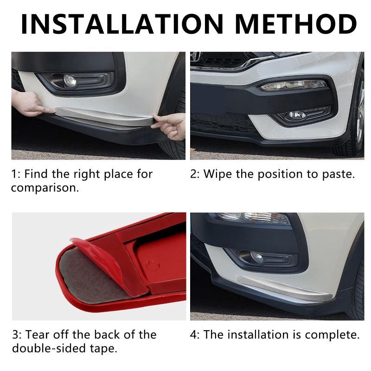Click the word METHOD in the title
tap(296, 24)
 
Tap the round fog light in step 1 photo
tap(70, 80)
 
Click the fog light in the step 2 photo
tap(297, 115)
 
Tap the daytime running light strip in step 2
tap(294, 85)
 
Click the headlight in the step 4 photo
tap(253, 218)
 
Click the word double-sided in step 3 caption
tap(49, 349)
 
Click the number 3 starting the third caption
tap(15, 335)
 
